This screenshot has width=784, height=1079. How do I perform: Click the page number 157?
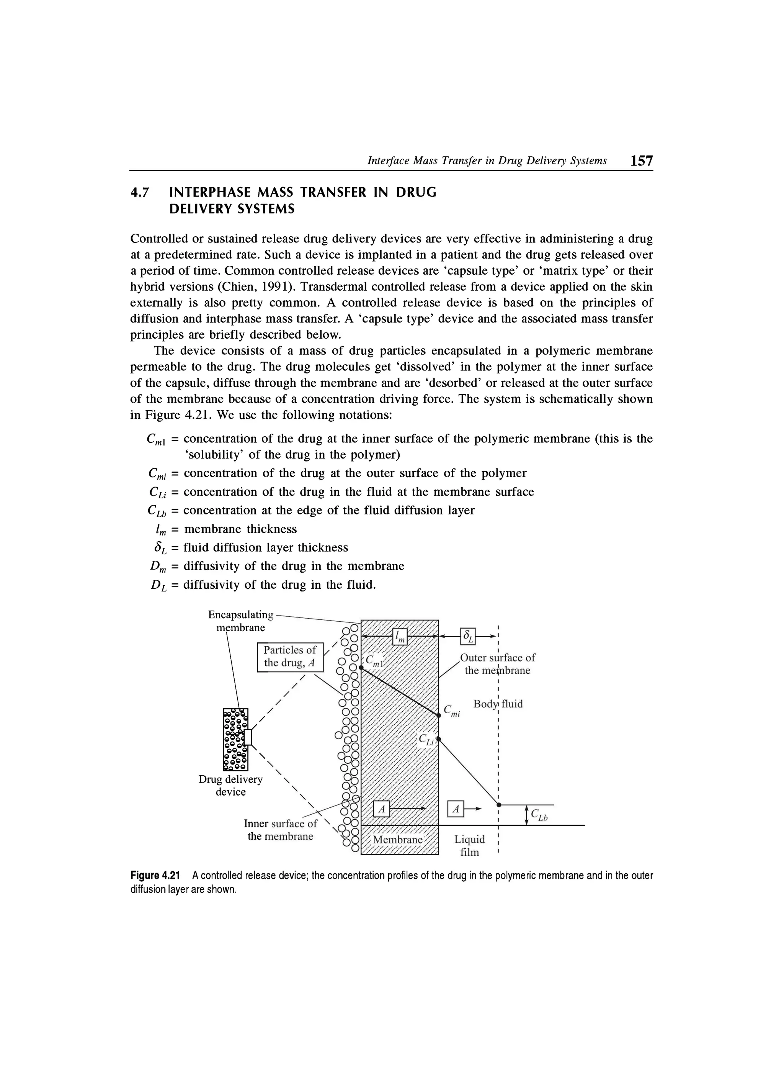pyautogui.click(x=641, y=160)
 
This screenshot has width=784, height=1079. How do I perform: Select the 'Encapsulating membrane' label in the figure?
pyautogui.click(x=241, y=621)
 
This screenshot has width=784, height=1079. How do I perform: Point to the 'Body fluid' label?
pyautogui.click(x=498, y=704)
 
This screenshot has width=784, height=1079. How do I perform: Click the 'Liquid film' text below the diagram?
pyautogui.click(x=469, y=845)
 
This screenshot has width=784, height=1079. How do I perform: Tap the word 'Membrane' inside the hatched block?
pyautogui.click(x=397, y=840)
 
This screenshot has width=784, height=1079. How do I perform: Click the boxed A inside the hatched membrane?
pyautogui.click(x=381, y=808)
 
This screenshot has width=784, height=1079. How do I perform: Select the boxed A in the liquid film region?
pyautogui.click(x=456, y=808)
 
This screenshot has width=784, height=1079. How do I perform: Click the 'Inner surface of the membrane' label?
pyautogui.click(x=281, y=829)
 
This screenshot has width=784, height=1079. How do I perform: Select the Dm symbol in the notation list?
pyautogui.click(x=157, y=566)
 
